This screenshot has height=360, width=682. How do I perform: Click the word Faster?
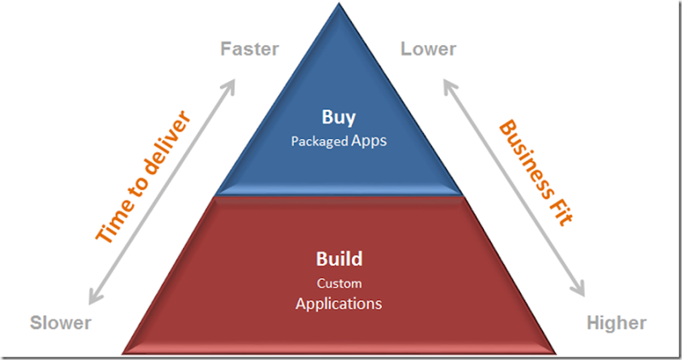coord(250,49)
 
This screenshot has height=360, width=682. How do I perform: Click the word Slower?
coord(61,322)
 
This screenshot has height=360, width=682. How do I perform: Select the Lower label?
coord(428,49)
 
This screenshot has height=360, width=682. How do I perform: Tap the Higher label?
coord(616,322)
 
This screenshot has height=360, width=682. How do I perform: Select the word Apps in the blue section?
coord(369,140)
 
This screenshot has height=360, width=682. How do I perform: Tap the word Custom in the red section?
coord(339,283)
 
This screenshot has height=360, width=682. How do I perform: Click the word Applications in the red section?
coord(338,303)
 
